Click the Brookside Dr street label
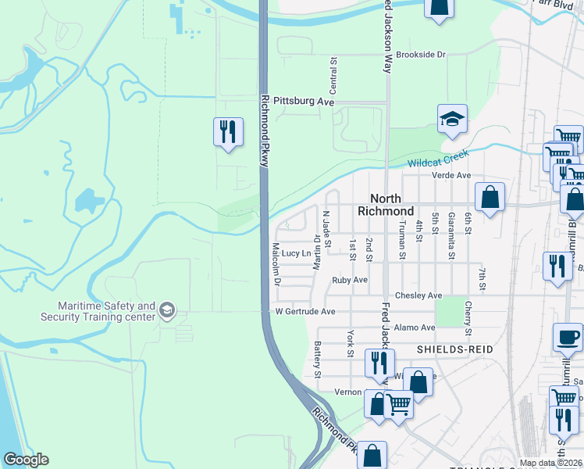coord(420,55)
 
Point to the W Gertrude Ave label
coord(305,311)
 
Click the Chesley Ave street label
coord(418,295)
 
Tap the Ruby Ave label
coord(349,279)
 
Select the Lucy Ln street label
coord(296,253)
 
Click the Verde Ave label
coord(453,176)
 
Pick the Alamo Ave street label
coord(415,328)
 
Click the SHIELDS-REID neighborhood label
coord(455,349)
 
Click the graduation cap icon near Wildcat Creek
coord(452,120)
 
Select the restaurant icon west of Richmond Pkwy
coord(226,131)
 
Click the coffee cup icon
coord(568,338)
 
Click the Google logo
coord(26,460)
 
